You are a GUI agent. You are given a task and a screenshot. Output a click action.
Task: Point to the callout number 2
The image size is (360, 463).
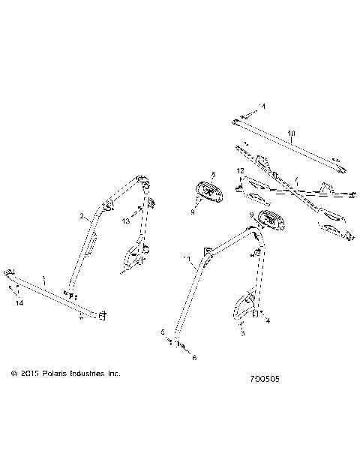click(x=82, y=216)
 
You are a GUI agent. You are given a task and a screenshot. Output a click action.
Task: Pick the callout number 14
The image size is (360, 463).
click(x=19, y=302)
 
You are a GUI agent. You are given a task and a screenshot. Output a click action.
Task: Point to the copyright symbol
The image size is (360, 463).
click(x=13, y=373)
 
